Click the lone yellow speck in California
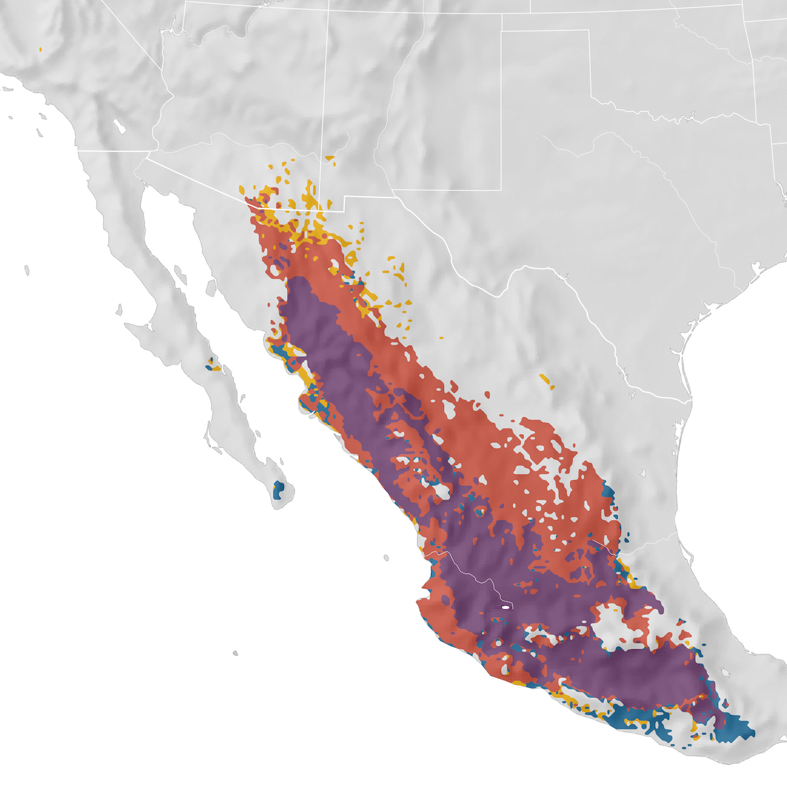pos(41,49)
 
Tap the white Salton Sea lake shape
pos(119,125)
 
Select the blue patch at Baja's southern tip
pos(279,489)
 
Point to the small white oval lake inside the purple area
pos(505,608)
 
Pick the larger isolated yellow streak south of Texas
pos(546,380)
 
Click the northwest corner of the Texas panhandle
pos(502,31)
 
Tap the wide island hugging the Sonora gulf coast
pos(211,289)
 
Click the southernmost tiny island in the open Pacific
pos(235,653)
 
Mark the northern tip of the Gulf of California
pos(145,187)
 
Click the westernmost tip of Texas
pos(393,192)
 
